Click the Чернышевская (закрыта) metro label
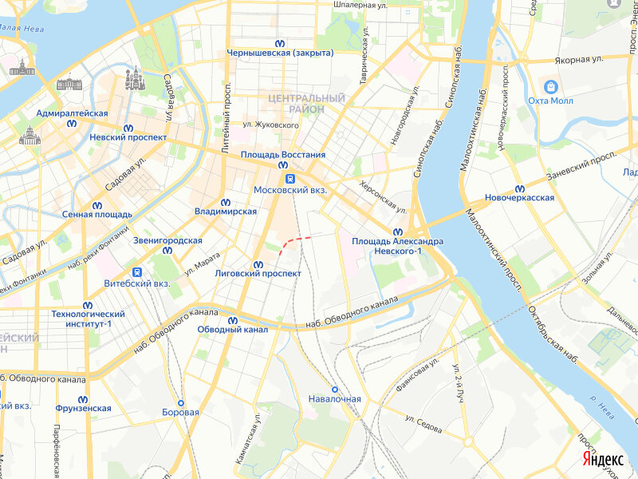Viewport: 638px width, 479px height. [280, 53]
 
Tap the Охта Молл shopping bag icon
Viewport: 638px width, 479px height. [550, 86]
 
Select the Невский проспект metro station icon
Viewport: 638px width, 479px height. [128, 127]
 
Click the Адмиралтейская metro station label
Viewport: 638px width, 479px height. [72, 113]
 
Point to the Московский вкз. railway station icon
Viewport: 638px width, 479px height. [290, 179]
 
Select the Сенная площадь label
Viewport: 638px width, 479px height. [96, 214]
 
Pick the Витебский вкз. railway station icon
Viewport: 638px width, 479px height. [137, 271]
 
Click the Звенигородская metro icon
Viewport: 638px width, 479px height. [167, 251]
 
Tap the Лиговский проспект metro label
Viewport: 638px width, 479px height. [258, 273]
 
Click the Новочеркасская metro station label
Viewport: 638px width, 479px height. [520, 198]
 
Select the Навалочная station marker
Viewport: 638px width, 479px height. [335, 389]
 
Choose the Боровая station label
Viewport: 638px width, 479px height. [180, 413]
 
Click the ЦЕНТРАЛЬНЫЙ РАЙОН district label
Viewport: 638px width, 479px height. [296, 102]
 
